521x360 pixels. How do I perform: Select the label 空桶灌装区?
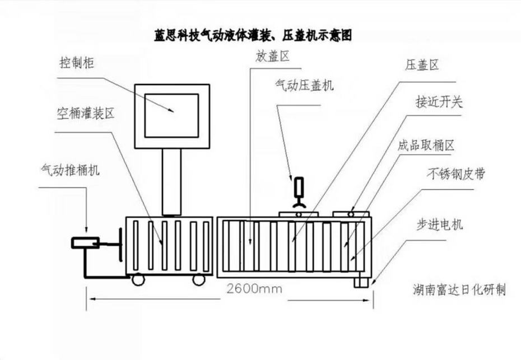tap(85, 114)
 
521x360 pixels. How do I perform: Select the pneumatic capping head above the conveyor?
tap(299, 190)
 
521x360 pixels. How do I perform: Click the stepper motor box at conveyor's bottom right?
tap(361, 282)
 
